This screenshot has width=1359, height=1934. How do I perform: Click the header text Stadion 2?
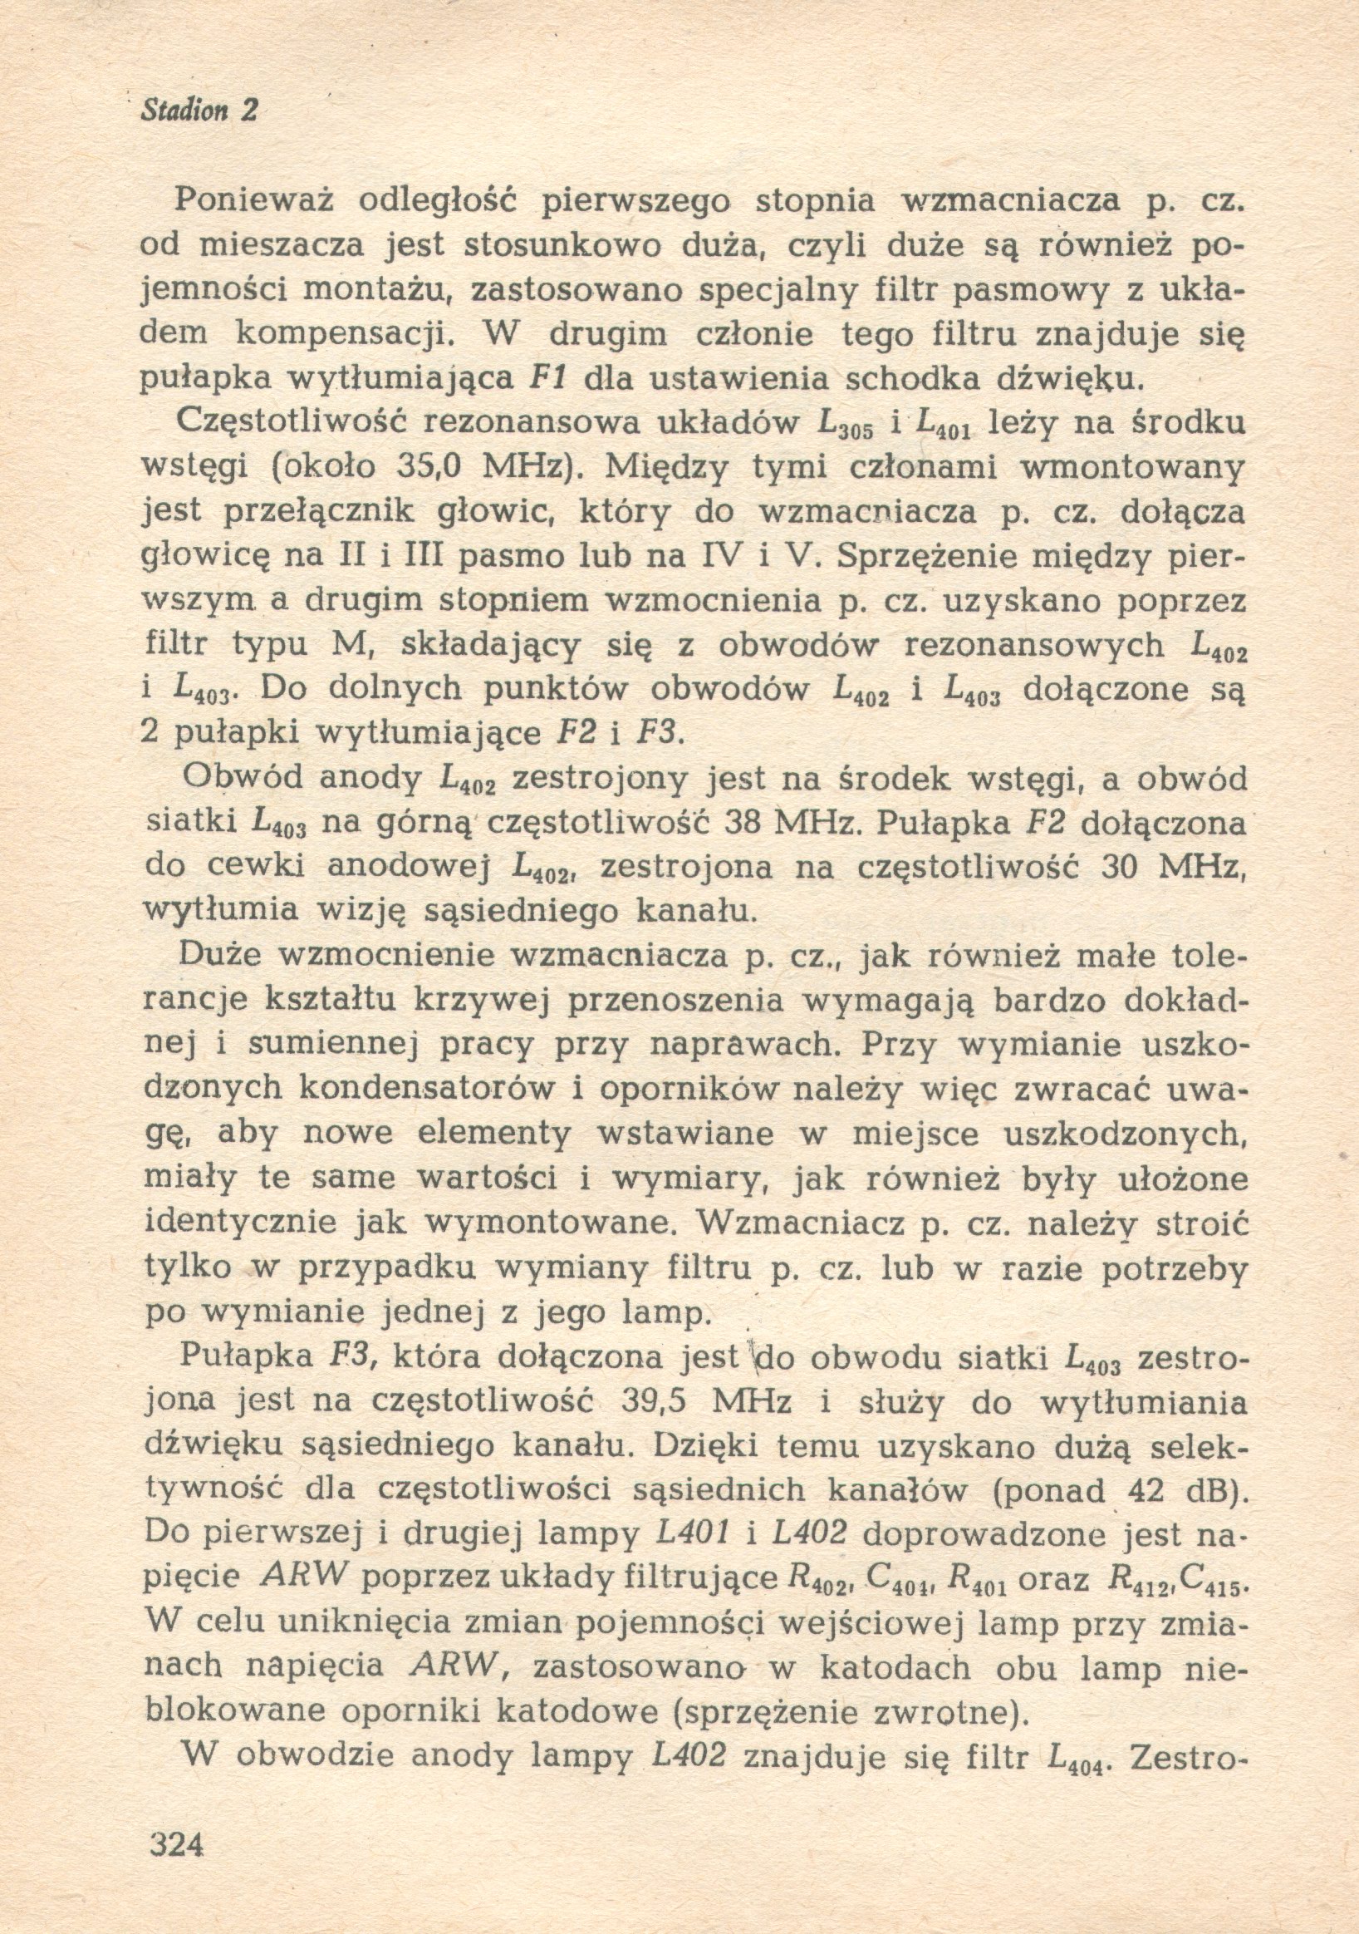199,111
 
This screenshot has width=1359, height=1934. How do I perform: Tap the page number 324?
176,1845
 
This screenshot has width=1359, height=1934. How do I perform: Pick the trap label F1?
547,378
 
